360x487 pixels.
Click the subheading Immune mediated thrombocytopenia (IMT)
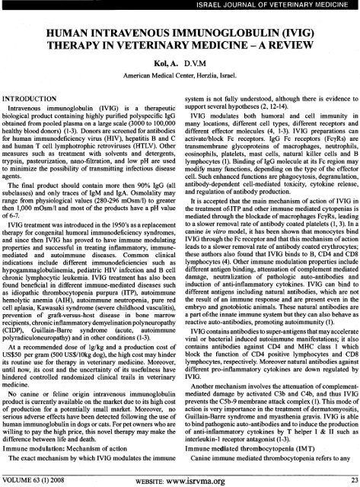pyautogui.click(x=245, y=448)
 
